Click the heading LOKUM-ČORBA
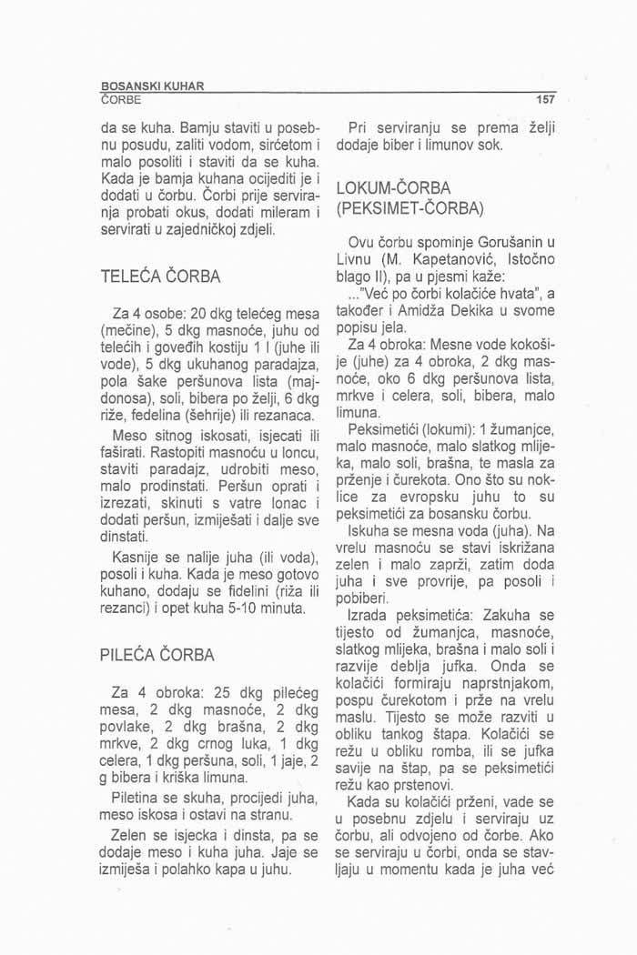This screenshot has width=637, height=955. pos(393,187)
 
